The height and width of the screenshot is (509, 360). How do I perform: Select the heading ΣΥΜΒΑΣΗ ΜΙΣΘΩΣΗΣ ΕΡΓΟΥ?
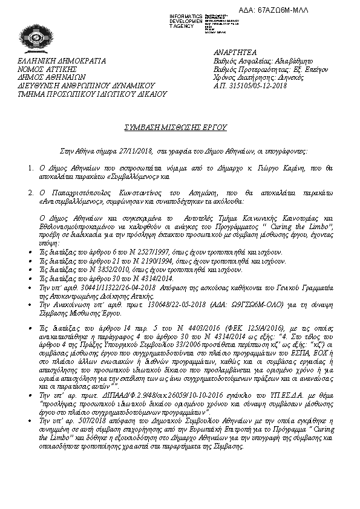(180, 128)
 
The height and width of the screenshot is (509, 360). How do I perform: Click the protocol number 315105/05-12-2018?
(255, 86)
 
